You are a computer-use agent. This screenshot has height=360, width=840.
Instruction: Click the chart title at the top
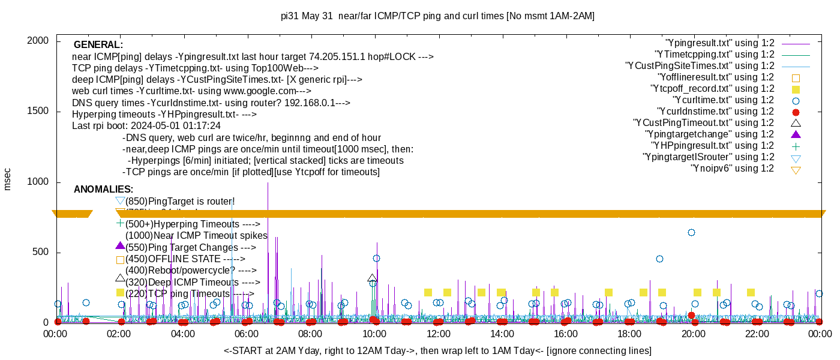click(437, 16)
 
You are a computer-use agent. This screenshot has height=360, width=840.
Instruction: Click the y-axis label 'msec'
click(8, 178)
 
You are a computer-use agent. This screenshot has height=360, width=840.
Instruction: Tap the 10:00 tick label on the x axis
click(374, 334)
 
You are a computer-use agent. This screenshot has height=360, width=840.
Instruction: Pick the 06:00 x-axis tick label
click(247, 334)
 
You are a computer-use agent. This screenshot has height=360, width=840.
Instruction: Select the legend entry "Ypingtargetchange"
click(709, 134)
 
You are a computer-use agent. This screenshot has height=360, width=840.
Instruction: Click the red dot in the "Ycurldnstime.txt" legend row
click(796, 112)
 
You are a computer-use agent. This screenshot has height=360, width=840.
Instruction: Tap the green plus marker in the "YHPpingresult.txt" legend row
click(796, 146)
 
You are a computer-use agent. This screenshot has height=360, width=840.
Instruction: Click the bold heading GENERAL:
click(98, 45)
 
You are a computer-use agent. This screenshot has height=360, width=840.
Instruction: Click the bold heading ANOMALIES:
click(103, 190)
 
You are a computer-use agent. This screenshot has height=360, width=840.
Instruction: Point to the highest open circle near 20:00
click(691, 232)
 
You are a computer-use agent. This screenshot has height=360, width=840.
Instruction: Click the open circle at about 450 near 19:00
click(659, 259)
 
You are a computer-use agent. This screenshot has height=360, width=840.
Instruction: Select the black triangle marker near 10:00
click(372, 278)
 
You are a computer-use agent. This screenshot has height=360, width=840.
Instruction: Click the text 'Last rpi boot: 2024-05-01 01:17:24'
click(146, 126)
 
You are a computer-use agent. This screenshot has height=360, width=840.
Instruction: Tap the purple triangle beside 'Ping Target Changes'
click(120, 245)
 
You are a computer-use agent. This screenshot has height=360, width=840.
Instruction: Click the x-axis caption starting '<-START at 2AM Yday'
click(437, 350)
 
